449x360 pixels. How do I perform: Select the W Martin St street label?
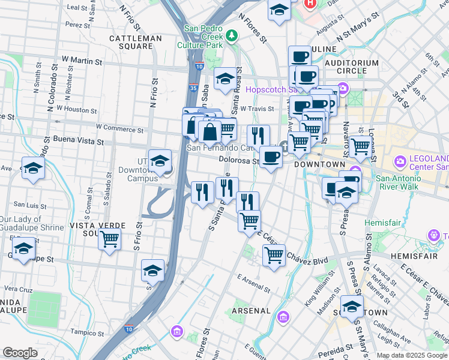coord(81,61)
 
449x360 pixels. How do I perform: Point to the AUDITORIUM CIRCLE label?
coord(352,67)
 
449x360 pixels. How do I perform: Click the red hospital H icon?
coord(310,4)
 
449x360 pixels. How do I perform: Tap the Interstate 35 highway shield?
coord(193,88)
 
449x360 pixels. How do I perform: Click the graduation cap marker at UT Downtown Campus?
coord(160,161)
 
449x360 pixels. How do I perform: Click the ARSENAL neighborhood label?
coord(251,311)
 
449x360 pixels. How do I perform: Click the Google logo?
coord(20,353)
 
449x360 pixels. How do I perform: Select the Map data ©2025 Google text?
coord(412,355)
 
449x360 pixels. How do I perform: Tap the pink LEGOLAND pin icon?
coord(400,162)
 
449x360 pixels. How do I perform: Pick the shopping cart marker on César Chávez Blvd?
coord(274,255)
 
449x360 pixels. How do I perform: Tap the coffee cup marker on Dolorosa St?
coord(271,157)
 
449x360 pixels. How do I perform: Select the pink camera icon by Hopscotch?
coord(343,89)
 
